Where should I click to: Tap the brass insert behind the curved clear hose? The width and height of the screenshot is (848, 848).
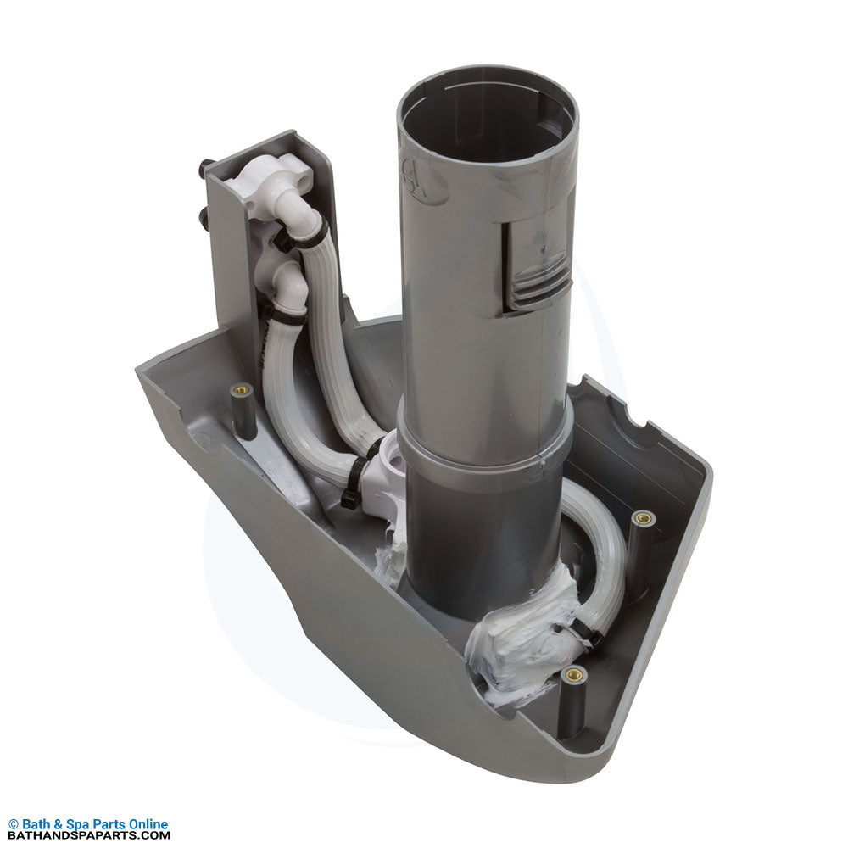click(643, 518)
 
